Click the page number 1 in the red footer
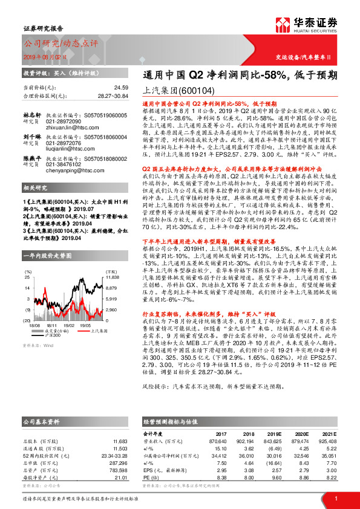click(x=335, y=498)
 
